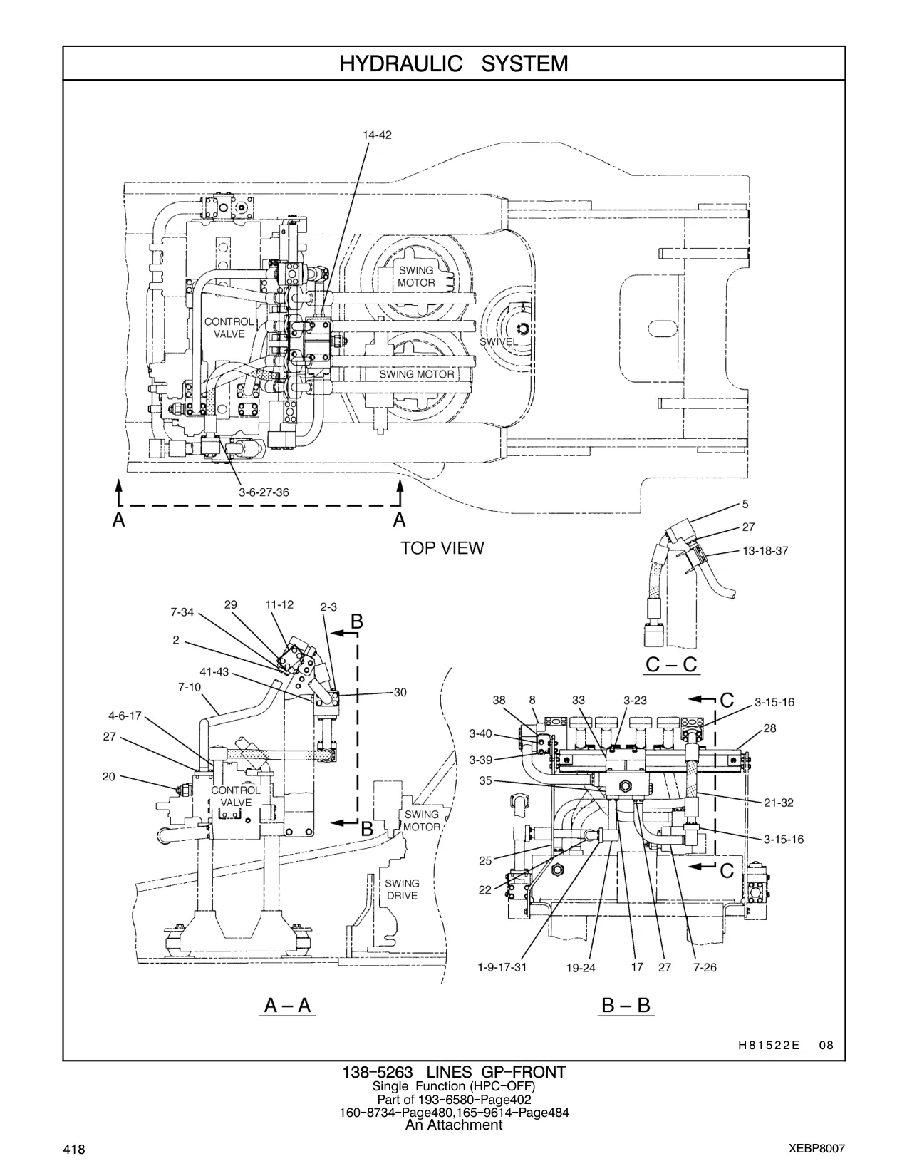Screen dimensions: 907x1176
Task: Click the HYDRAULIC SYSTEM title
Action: tap(454, 64)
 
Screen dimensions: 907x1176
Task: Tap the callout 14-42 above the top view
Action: tap(377, 135)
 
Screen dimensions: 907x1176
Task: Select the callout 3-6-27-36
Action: tap(264, 492)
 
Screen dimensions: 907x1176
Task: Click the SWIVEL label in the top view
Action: tap(499, 342)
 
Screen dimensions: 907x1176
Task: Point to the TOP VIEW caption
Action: tap(442, 548)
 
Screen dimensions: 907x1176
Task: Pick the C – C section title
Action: tap(673, 664)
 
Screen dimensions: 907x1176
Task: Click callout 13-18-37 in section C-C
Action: tap(765, 551)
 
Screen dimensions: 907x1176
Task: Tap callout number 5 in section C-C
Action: tap(745, 505)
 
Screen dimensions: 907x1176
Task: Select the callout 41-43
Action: tap(214, 672)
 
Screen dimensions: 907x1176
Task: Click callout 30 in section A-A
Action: tap(400, 693)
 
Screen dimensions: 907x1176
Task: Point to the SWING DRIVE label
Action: tap(402, 889)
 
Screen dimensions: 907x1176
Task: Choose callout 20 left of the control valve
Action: tap(109, 777)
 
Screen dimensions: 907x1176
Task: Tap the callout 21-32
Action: tap(778, 803)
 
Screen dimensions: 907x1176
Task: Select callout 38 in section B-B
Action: tap(499, 701)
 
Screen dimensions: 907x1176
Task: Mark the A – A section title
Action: tap(287, 1006)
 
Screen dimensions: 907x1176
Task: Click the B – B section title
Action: tap(626, 1006)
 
